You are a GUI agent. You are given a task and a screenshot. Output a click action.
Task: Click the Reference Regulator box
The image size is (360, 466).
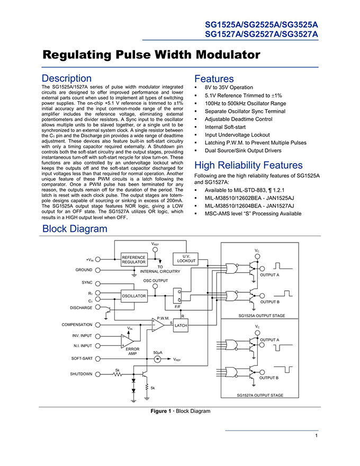pos(133,259)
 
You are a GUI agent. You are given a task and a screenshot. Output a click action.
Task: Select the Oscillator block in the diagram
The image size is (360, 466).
pos(134,295)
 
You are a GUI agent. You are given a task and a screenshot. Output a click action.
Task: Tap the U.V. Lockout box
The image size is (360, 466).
pos(186,258)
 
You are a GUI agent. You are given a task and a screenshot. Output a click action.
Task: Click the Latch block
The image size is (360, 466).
pos(181,325)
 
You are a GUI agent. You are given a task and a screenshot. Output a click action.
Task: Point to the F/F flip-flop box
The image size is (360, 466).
pos(177,295)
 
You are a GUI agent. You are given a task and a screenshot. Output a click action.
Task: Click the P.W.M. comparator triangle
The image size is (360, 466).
pos(158,325)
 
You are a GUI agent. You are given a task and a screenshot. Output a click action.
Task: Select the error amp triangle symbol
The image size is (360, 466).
pos(128,340)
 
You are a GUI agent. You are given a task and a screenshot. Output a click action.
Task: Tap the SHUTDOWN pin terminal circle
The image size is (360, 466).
pos(98,374)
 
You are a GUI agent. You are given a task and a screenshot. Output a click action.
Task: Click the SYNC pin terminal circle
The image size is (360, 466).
pos(98,283)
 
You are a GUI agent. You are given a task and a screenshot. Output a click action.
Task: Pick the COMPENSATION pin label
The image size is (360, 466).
pos(77,325)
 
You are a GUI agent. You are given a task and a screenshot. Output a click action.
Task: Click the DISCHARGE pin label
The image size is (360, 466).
pos(81,308)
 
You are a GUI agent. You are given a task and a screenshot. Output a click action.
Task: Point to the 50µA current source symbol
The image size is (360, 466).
pos(157,360)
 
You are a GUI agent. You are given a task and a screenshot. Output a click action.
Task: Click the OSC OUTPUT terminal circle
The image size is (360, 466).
pos(155,286)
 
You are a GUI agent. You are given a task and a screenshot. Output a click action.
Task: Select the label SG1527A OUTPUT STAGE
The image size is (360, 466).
pos(260,395)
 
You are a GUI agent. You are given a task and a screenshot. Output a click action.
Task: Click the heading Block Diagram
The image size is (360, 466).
pos(75,229)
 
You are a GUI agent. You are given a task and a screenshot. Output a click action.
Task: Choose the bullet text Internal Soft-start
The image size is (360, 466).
pos(225,127)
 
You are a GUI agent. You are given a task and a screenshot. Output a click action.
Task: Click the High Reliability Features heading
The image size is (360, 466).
pos(248,165)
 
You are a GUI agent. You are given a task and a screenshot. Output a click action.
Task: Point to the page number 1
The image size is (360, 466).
pos(317,435)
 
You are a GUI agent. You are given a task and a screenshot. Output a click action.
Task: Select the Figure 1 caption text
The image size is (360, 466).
pos(181,411)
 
